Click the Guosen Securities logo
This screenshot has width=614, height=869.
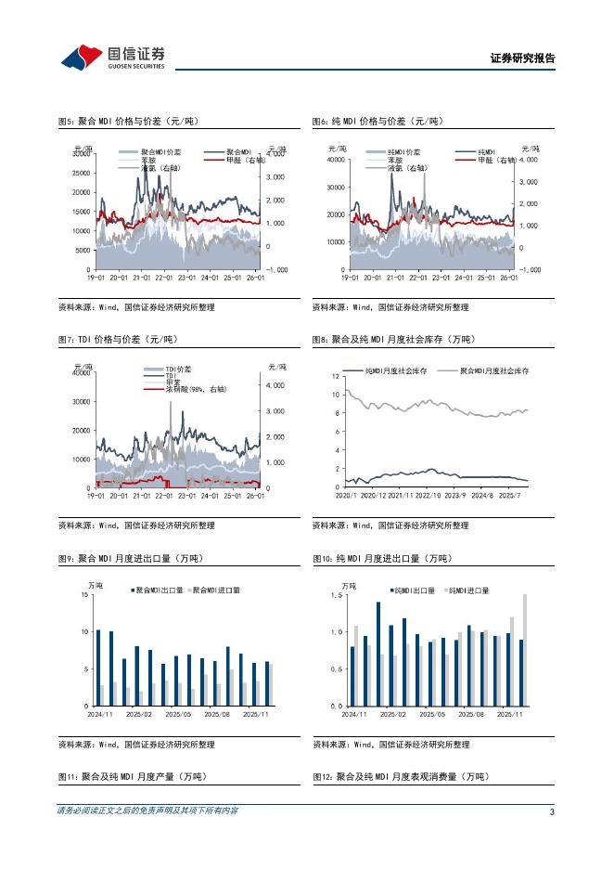pyautogui.click(x=112, y=57)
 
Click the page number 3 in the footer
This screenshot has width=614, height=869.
pyautogui.click(x=552, y=811)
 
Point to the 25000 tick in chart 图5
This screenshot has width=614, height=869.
pyautogui.click(x=81, y=174)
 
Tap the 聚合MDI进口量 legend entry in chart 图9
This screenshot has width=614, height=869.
pyautogui.click(x=215, y=590)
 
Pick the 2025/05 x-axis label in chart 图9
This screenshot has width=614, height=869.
pyautogui.click(x=177, y=715)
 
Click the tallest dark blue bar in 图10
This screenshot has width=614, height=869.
pyautogui.click(x=378, y=654)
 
